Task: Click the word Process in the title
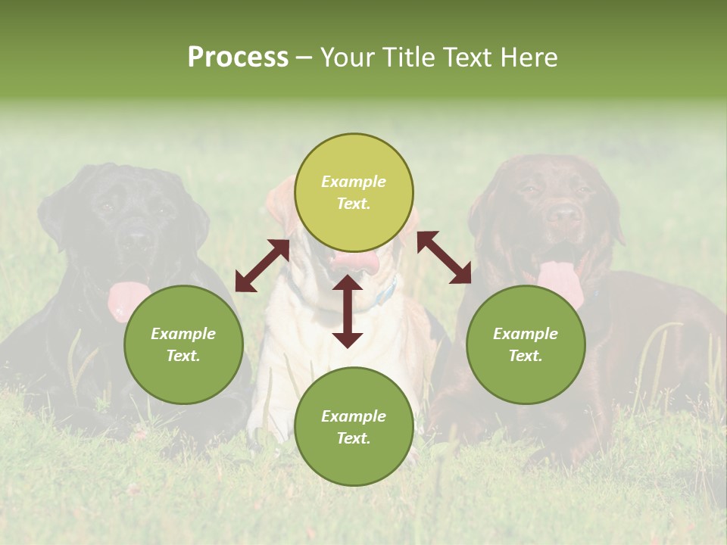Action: coord(238,58)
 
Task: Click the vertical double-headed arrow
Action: coord(348,311)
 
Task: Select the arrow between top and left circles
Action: coord(262,266)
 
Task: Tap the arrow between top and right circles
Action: coord(445,257)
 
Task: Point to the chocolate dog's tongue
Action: coord(559,279)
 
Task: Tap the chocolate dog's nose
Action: coord(564,214)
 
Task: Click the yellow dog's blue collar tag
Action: coord(387,291)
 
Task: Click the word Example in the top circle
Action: coord(354,182)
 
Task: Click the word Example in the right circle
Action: coord(526,334)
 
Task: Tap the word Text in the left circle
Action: coord(183,356)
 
